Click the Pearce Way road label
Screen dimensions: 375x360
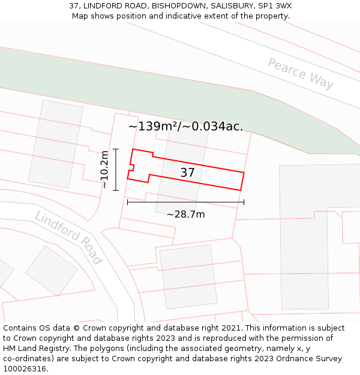301,74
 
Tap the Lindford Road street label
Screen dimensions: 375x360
68,237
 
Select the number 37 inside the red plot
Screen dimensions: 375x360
188,173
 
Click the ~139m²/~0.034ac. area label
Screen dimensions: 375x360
185,127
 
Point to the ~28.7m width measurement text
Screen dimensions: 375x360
185,214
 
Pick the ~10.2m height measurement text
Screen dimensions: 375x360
104,170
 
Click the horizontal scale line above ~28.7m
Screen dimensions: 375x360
185,202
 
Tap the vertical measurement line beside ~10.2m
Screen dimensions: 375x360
116,170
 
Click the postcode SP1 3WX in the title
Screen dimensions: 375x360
275,6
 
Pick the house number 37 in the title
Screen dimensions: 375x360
74,6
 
